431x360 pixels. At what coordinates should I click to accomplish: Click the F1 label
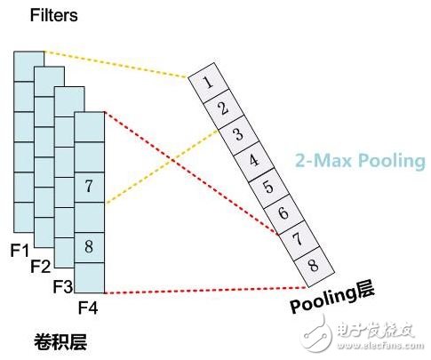[x=20, y=246]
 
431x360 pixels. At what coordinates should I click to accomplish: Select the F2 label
[x=41, y=265]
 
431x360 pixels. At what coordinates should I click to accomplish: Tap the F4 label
[x=87, y=307]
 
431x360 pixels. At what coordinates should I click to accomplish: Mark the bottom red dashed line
[x=204, y=291]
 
